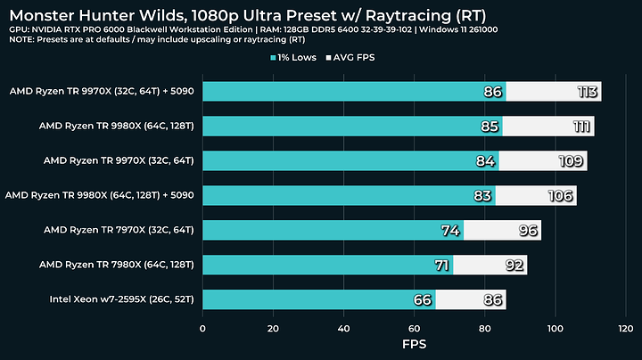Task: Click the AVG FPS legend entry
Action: [360, 58]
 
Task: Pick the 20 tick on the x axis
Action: [274, 327]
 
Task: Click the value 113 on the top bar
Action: [585, 92]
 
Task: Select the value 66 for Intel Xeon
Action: [422, 299]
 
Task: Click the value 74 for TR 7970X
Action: [450, 231]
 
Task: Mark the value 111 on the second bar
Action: [579, 127]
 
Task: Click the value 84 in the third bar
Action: [485, 161]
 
